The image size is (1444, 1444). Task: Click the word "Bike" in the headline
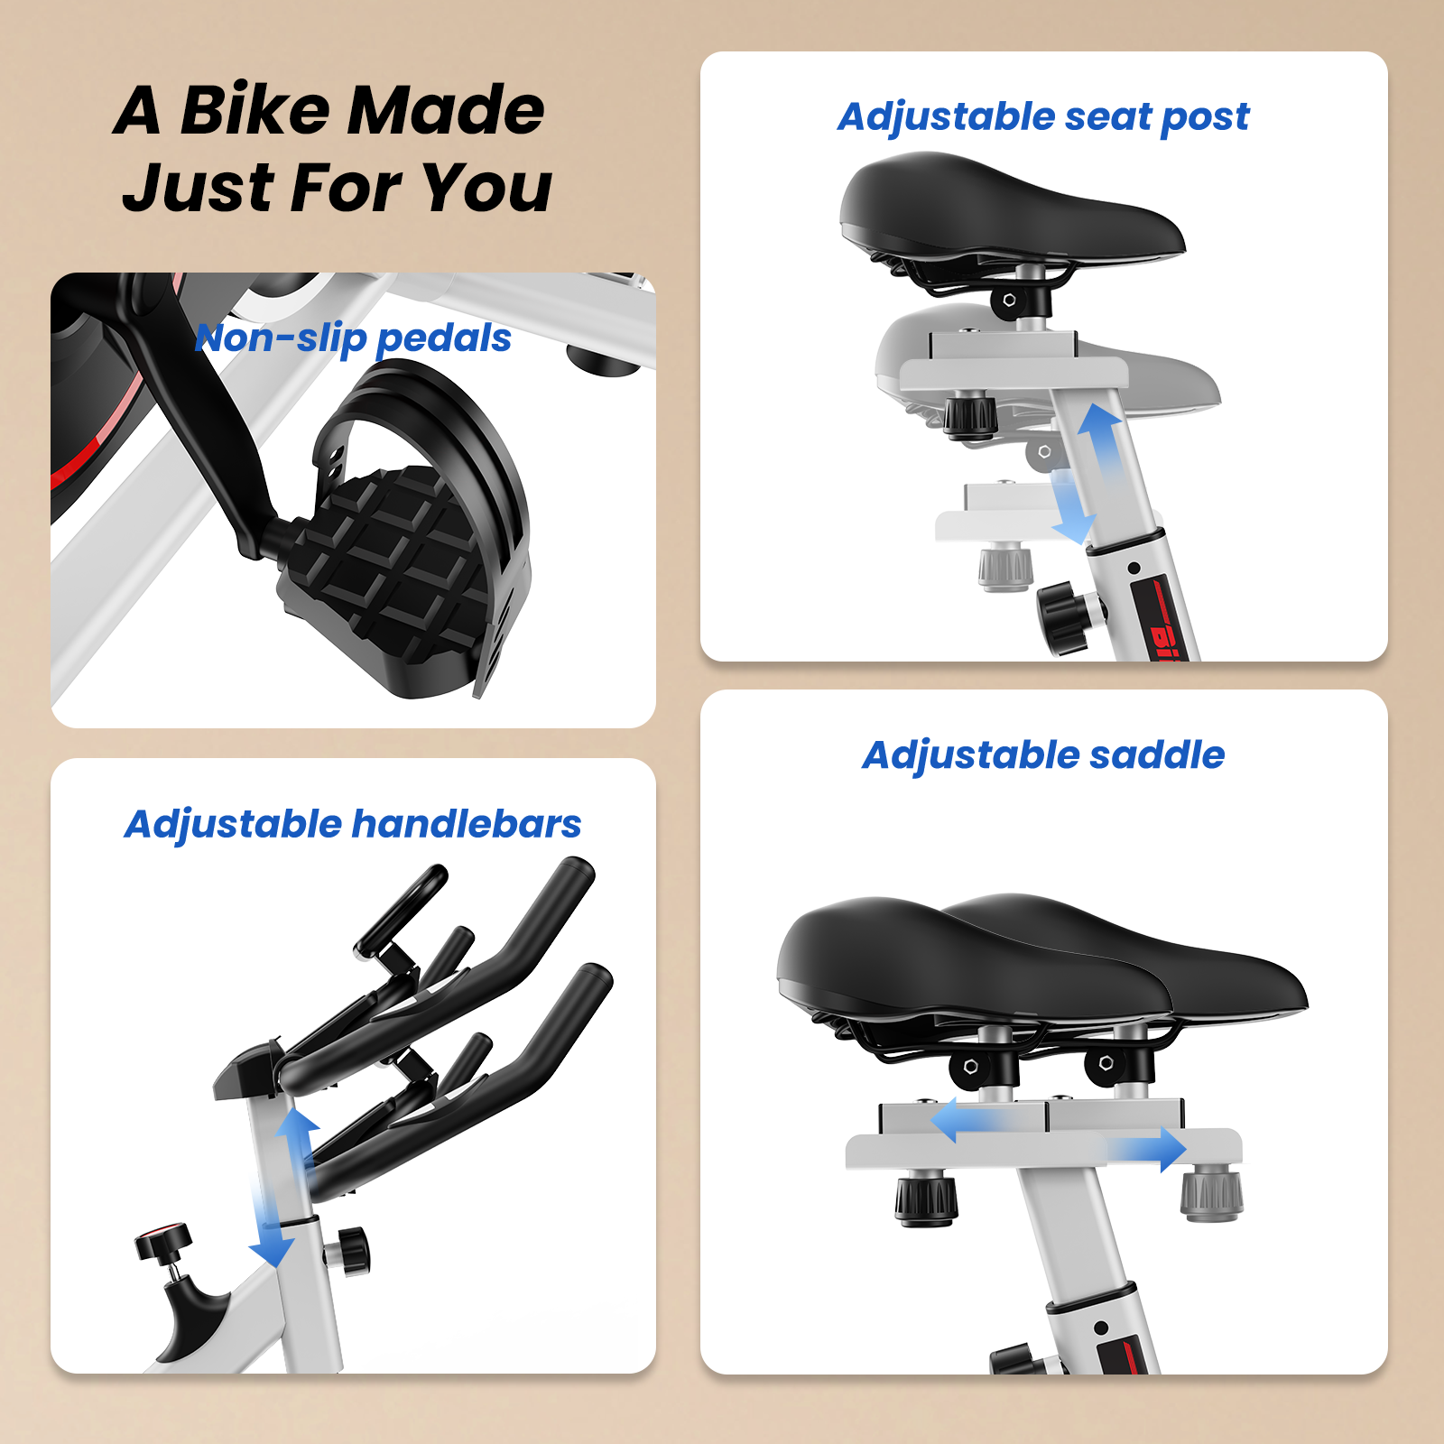click(x=255, y=110)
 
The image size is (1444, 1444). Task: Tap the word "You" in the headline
click(x=486, y=188)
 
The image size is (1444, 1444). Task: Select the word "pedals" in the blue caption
click(x=443, y=339)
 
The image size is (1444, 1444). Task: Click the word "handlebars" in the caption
click(x=467, y=824)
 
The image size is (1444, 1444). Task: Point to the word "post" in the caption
click(x=1205, y=118)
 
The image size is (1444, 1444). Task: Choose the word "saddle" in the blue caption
click(x=1157, y=754)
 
